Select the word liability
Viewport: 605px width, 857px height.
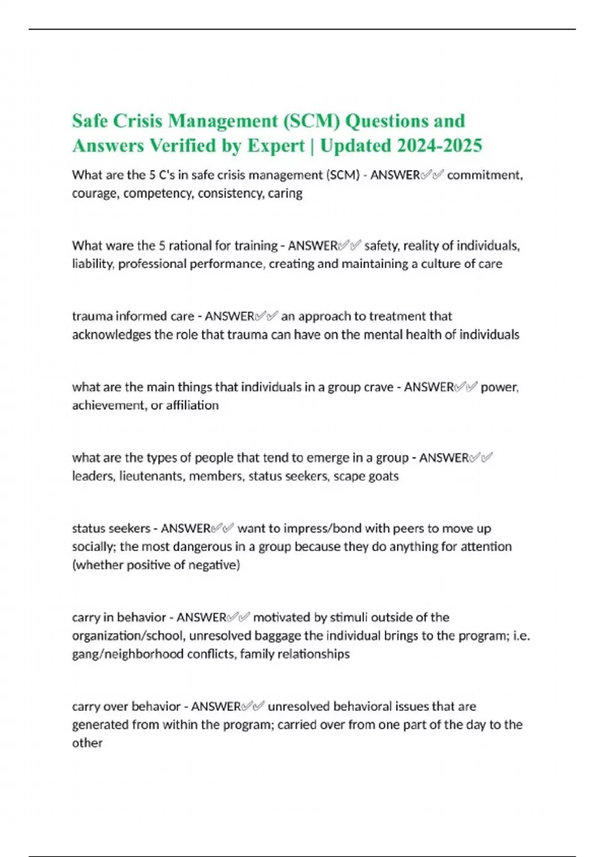tap(93, 264)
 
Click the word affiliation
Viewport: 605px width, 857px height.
tap(193, 405)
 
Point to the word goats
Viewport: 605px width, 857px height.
tap(383, 476)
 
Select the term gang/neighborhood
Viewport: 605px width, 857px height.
tap(128, 654)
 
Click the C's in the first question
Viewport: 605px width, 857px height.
tap(168, 175)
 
